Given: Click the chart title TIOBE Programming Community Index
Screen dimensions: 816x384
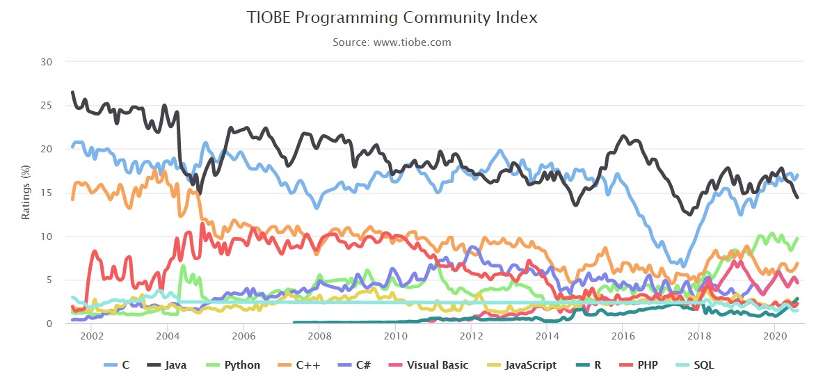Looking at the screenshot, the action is tap(392, 17).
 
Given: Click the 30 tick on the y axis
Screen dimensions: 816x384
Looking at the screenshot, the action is tap(47, 62).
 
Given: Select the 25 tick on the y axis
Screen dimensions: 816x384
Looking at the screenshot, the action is tap(47, 106).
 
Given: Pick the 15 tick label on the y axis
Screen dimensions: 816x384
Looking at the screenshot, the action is tap(47, 193).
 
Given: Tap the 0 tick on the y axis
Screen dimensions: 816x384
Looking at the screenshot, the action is tap(49, 323).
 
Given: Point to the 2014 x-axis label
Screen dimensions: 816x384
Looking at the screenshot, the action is tap(546, 335).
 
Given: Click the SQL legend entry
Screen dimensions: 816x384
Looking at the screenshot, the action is tap(695, 365).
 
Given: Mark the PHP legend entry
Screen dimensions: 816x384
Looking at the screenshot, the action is tap(638, 365).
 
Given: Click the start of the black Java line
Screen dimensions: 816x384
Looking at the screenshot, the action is tap(72, 92).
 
